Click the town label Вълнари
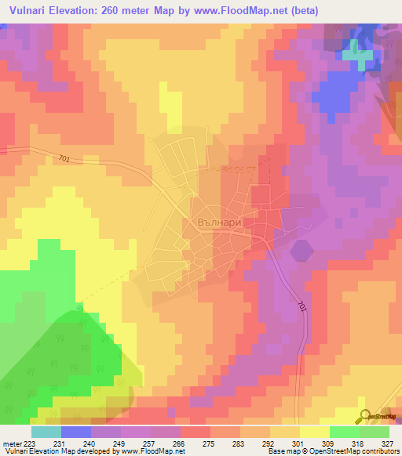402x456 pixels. pos(216,223)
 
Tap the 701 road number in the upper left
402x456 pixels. pos(64,158)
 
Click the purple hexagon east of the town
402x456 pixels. pos(301,252)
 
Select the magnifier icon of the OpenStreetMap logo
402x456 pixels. pos(365,417)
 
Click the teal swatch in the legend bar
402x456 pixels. pos(46,432)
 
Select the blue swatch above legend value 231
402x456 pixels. pos(75,432)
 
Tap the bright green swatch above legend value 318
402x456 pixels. pos(344,432)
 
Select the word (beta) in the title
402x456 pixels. pos(378,11)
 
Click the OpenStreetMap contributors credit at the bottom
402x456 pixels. pos(345,451)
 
